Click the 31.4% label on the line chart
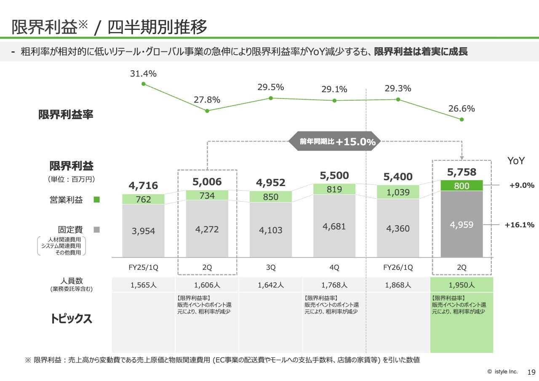click(x=143, y=74)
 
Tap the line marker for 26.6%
click(x=462, y=120)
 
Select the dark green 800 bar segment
click(x=462, y=186)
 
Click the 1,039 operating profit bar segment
click(x=398, y=192)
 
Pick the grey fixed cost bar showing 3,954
click(x=143, y=231)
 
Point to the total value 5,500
click(x=334, y=176)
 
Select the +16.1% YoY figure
click(x=519, y=225)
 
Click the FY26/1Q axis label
click(x=398, y=267)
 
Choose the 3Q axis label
click(x=271, y=267)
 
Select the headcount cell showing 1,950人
click(x=462, y=285)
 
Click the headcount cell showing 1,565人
click(x=143, y=285)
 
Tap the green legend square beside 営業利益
click(x=96, y=200)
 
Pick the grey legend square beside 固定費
click(x=96, y=230)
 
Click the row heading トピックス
click(x=71, y=319)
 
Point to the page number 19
click(x=531, y=372)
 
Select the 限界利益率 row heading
click(x=66, y=115)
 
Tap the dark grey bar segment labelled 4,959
click(x=462, y=225)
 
